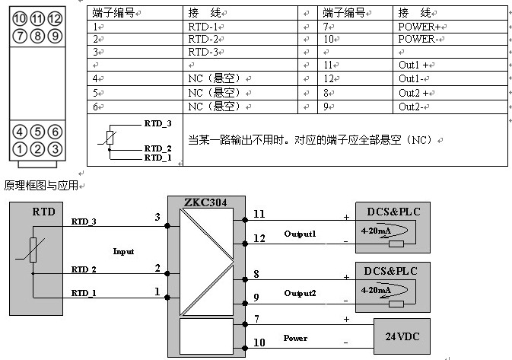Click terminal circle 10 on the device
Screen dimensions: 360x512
pyautogui.click(x=20, y=18)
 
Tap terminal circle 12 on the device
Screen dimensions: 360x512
pyautogui.click(x=54, y=18)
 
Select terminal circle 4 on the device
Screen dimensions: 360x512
pyautogui.click(x=20, y=131)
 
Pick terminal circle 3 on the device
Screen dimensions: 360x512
pyautogui.click(x=54, y=148)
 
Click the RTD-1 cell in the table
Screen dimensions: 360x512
pyautogui.click(x=203, y=26)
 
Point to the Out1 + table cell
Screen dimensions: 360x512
pyautogui.click(x=415, y=65)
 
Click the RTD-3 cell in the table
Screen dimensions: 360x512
pyautogui.click(x=203, y=52)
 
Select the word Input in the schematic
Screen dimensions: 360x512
pyautogui.click(x=123, y=250)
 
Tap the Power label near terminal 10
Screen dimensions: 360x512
pyautogui.click(x=295, y=337)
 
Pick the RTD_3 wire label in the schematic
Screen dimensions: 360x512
pyautogui.click(x=84, y=221)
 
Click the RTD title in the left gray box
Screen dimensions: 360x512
pyautogui.click(x=43, y=211)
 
